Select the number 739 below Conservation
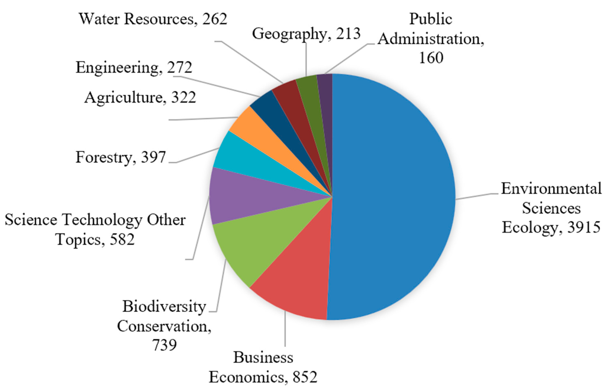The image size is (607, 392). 164,345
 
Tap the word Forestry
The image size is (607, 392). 104,157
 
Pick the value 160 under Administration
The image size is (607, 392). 431,58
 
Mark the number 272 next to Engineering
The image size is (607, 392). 180,68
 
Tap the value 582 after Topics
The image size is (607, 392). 122,239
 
